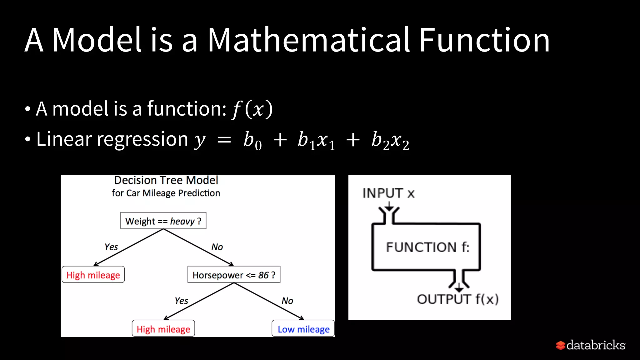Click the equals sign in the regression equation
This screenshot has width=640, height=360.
224,140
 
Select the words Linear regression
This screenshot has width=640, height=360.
112,139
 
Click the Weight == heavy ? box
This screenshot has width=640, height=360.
163,221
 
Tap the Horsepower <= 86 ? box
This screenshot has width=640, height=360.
234,275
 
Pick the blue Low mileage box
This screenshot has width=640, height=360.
303,329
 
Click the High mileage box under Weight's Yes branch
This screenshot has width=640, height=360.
93,275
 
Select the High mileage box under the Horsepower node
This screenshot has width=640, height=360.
163,329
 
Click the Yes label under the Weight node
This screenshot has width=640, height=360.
111,247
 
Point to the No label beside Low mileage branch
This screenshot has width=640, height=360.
287,301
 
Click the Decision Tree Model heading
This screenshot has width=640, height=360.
166,180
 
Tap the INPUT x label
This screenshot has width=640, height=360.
388,193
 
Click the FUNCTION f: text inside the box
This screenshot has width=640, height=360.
427,247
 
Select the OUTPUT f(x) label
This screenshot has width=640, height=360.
457,299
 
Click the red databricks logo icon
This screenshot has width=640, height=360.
561,345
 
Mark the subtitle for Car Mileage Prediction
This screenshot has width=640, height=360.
166,193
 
